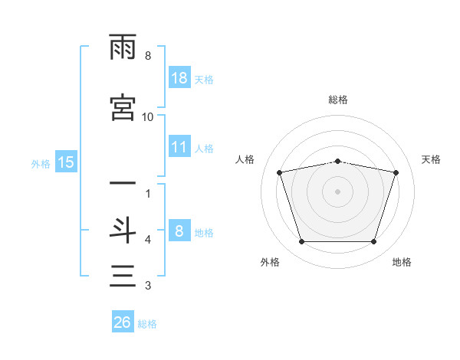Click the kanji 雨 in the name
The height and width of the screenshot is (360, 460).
click(123, 47)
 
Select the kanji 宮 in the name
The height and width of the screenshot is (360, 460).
click(123, 107)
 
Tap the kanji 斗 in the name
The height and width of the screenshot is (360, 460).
click(123, 231)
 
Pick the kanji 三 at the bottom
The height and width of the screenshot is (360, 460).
click(123, 276)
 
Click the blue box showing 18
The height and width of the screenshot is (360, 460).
click(179, 77)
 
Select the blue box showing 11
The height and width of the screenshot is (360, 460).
click(179, 146)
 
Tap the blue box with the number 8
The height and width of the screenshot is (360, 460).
click(179, 230)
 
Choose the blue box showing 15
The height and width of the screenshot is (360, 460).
click(66, 162)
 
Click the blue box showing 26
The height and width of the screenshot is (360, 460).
click(123, 321)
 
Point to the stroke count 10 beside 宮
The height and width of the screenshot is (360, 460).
click(147, 117)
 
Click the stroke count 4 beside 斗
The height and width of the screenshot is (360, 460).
click(148, 240)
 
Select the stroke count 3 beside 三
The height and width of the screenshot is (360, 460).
click(148, 285)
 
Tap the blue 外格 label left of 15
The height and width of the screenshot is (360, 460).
click(41, 164)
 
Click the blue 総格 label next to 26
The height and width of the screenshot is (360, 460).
click(147, 324)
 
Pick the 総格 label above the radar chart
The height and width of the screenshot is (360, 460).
click(338, 100)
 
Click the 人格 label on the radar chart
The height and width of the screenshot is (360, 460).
click(245, 159)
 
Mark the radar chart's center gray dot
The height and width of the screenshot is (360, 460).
click(337, 191)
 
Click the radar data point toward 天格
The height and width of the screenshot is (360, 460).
click(396, 172)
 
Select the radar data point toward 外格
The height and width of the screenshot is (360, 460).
click(301, 241)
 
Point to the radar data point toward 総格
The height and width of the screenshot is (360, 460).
click(337, 162)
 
